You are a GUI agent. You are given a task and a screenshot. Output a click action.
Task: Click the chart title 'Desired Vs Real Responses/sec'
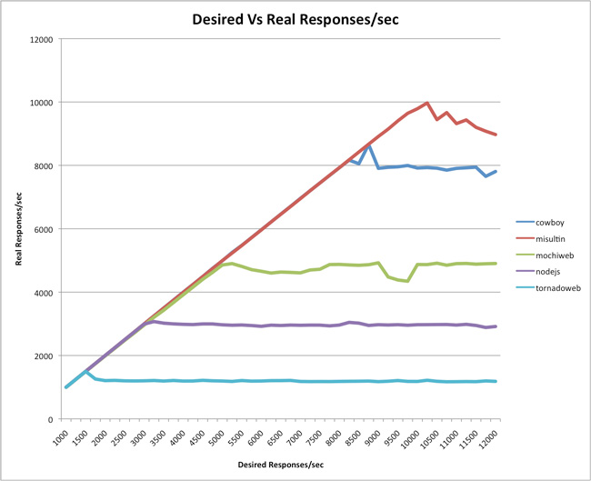pos(295,20)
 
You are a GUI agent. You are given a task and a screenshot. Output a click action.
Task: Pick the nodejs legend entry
pos(548,272)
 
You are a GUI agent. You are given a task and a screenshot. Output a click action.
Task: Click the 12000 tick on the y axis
pos(42,40)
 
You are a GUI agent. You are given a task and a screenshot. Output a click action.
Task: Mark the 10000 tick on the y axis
pos(42,103)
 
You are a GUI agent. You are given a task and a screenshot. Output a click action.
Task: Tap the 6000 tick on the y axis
pos(44,229)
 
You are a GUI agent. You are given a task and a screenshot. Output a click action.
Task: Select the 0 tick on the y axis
pos(50,419)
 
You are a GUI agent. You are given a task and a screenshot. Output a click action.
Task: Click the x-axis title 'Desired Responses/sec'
pos(281,465)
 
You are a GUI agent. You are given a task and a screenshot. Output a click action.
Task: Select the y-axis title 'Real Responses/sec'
pos(19,229)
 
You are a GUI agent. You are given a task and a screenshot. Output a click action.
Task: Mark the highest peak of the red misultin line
pos(427,103)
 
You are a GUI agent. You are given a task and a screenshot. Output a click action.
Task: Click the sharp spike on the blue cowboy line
pos(368,145)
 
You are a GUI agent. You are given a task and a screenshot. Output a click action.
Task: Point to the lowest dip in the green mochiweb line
pos(407,281)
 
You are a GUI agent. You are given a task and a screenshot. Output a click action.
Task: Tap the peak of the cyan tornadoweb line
pos(86,371)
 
